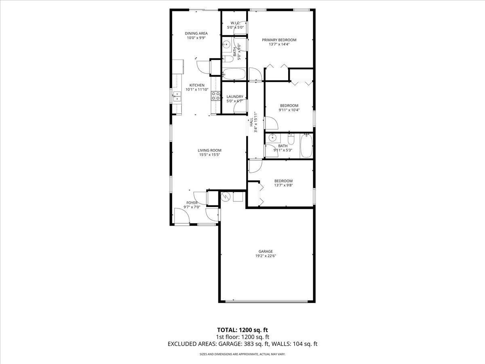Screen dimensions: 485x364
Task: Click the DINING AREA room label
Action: click(196, 34)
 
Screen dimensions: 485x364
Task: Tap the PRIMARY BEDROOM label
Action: click(279, 40)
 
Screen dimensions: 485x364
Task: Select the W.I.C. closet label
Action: click(235, 23)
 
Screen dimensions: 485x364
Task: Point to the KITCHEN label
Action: click(197, 85)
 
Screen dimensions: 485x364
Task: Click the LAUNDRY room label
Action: click(235, 97)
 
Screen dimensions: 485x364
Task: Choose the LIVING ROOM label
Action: click(209, 150)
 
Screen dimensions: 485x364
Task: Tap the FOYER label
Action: click(192, 203)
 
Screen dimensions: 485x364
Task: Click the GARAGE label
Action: click(266, 252)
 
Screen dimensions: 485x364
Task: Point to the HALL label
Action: click(251, 122)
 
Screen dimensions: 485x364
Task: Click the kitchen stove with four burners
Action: click(216, 96)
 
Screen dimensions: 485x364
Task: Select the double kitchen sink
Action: click(177, 97)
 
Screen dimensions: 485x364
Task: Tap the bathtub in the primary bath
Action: click(234, 74)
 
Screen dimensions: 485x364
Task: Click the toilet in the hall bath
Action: click(291, 139)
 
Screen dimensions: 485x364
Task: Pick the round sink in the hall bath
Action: click(273, 138)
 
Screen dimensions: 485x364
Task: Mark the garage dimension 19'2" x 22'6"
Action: click(266, 256)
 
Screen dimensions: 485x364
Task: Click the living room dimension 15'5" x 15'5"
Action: click(209, 155)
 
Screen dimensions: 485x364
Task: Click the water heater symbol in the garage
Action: click(226, 197)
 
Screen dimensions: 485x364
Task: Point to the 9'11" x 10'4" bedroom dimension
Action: click(289, 110)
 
